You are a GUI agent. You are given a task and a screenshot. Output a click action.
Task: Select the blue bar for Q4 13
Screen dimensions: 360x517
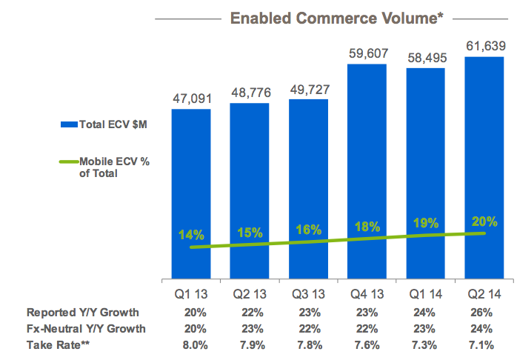367,170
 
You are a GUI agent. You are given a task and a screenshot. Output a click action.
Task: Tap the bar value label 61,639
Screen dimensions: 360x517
484,47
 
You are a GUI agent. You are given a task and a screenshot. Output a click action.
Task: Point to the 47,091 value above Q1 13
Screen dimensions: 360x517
191,99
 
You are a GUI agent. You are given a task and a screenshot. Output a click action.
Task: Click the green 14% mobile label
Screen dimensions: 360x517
191,236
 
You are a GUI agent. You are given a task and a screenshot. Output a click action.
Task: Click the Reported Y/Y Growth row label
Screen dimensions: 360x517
82,313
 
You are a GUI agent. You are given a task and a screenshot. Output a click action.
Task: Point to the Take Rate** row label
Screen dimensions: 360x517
59,344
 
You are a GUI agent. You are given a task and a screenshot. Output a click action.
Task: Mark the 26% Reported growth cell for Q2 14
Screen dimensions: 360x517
483,313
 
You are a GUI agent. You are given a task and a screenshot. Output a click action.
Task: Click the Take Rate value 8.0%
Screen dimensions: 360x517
191,344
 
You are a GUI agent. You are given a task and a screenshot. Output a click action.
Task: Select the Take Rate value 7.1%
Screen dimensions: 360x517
483,344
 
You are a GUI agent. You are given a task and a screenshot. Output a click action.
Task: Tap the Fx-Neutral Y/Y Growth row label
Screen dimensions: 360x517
86,328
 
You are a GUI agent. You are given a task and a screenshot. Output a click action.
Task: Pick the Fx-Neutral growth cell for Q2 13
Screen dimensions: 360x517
250,328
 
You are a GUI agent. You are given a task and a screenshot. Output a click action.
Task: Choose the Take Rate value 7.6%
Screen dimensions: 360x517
367,344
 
